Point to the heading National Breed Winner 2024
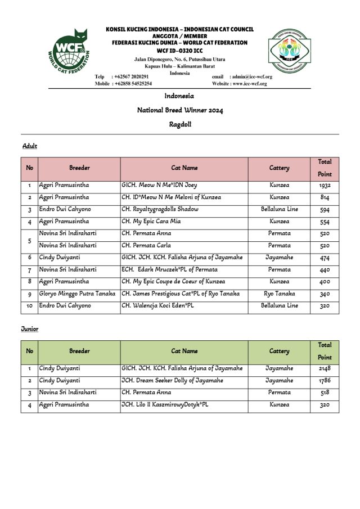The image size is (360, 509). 180,110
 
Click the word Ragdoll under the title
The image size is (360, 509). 180,124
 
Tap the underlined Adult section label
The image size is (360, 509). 29,146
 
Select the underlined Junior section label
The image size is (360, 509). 30,329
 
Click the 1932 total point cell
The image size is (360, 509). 325,185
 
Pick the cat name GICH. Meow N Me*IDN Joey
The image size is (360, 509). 159,185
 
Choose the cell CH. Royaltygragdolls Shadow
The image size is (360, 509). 160,209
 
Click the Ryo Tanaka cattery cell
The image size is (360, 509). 279,294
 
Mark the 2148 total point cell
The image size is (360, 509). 325,368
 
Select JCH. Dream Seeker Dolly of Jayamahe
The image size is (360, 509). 172,381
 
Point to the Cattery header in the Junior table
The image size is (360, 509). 279,351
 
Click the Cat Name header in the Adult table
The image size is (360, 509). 184,168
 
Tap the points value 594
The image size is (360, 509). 325,209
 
